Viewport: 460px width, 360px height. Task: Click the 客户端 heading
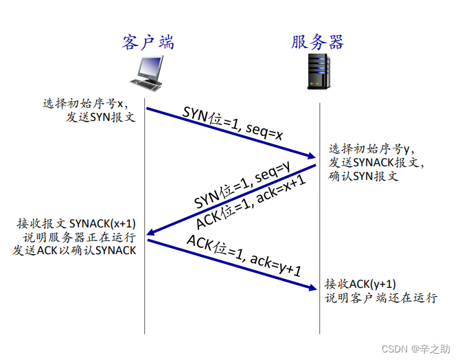[x=148, y=42]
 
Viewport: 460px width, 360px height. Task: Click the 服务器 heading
[x=317, y=42]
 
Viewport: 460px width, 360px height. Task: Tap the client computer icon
[x=147, y=74]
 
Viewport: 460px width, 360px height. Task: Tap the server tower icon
[x=319, y=71]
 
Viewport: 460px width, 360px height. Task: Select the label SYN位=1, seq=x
[x=232, y=123]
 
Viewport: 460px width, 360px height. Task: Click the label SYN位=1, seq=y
[x=242, y=184]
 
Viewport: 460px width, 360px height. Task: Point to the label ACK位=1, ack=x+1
[x=251, y=202]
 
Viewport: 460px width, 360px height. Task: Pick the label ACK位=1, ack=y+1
[x=244, y=256]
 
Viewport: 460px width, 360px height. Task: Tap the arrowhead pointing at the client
[x=151, y=232]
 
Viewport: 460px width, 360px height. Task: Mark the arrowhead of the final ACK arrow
[x=312, y=287]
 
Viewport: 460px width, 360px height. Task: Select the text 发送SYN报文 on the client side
[x=100, y=117]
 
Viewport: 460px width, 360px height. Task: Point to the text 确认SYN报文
[x=363, y=176]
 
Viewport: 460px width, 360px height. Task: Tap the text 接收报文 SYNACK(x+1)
[x=76, y=224]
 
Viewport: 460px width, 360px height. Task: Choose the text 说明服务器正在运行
[x=79, y=237]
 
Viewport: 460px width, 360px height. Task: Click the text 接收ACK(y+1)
[x=360, y=284]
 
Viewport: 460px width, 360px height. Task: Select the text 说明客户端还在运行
[x=381, y=298]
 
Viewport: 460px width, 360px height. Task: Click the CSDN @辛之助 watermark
[x=415, y=349]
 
